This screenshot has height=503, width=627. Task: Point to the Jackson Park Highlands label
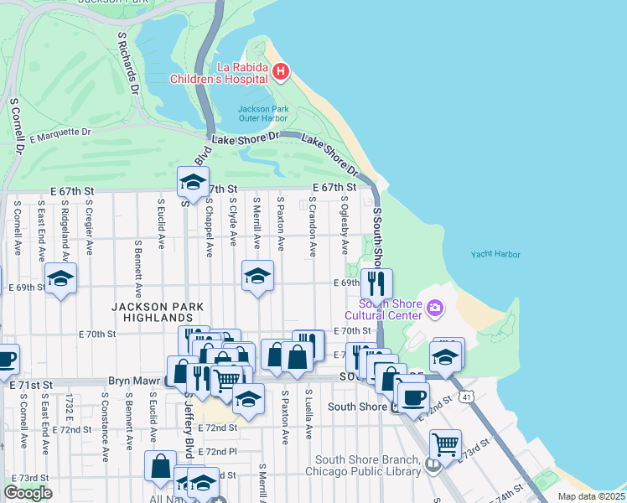[x=153, y=313]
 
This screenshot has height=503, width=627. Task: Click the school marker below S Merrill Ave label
[x=257, y=276]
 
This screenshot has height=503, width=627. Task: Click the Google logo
[x=28, y=493]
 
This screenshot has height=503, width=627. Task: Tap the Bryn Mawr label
[x=134, y=381]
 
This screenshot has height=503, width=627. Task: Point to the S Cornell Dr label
[x=15, y=126]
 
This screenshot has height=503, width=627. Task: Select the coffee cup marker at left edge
[x=5, y=360]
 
